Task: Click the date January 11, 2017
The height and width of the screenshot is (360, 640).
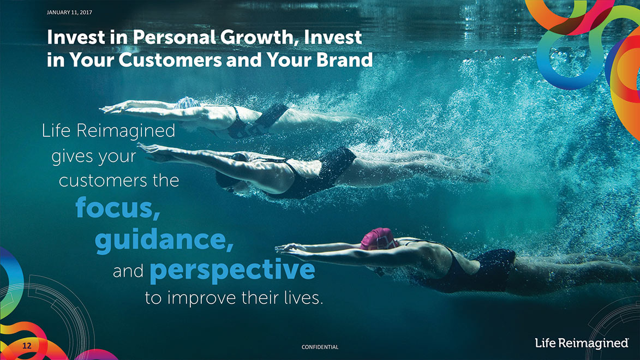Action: click(x=69, y=13)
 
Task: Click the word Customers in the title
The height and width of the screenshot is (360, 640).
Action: click(x=170, y=60)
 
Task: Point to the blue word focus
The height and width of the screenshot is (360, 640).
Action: click(x=117, y=208)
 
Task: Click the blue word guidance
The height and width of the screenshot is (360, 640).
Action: click(x=164, y=240)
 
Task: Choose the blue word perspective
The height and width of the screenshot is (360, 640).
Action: click(x=232, y=270)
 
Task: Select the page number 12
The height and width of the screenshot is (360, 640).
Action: click(x=27, y=346)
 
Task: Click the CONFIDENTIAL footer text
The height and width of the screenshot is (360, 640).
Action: click(x=320, y=347)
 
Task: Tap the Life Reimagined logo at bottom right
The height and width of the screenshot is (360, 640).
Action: click(x=582, y=343)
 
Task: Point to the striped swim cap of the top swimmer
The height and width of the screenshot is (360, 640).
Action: click(x=187, y=103)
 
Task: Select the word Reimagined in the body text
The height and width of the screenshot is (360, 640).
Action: click(x=125, y=131)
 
